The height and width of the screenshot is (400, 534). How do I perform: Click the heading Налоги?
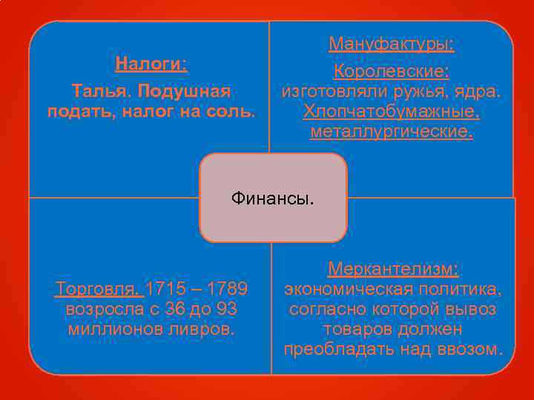coord(151,64)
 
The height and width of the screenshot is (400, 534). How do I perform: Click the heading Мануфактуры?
coord(392,44)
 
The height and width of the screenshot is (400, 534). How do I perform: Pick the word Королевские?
coord(392,72)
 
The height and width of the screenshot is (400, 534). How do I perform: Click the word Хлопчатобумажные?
coord(391,113)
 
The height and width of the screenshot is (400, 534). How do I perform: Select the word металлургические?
coord(390,133)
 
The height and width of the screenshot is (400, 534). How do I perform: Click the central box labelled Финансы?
coord(273,198)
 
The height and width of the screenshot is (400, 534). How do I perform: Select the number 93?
coord(229,307)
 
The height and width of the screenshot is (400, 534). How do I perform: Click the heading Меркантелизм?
coord(393,268)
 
